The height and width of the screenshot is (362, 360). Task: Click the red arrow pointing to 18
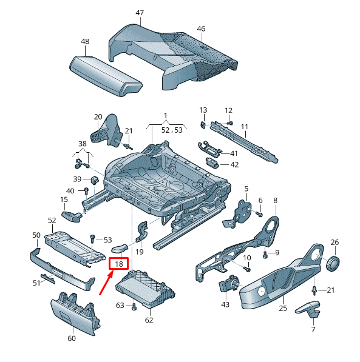[x=106, y=283]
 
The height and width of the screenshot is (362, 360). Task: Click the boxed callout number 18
[x=119, y=264]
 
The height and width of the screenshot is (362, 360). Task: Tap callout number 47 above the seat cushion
[x=140, y=13]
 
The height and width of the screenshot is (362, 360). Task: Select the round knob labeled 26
[x=333, y=263]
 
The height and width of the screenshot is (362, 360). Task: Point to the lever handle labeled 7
[x=308, y=309]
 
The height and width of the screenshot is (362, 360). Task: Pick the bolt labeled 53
[x=92, y=238]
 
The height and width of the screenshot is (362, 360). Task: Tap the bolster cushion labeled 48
[x=106, y=76]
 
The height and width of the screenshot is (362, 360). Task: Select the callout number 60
[x=72, y=338]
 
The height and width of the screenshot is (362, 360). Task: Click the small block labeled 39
[x=95, y=179]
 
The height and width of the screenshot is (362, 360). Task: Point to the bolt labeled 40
[x=86, y=190]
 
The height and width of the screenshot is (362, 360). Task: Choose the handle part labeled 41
[x=209, y=149]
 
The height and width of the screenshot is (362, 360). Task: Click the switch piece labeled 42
[x=212, y=162]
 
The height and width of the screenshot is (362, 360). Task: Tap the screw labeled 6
[x=260, y=214]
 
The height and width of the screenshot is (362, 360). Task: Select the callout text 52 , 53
[x=172, y=130]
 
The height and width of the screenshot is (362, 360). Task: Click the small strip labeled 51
[x=48, y=278]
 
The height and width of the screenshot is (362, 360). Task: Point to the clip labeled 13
[x=203, y=125]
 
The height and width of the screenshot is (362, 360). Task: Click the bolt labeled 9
[x=265, y=255]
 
